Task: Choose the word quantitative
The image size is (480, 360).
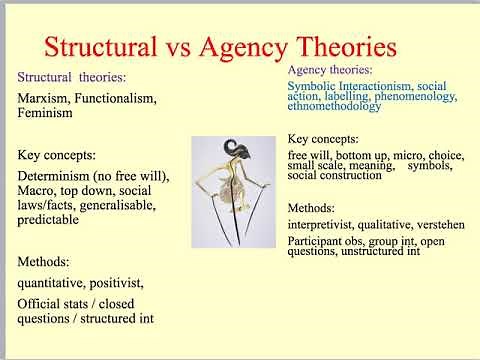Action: click(x=55, y=282)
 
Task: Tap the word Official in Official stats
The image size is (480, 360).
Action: click(x=41, y=304)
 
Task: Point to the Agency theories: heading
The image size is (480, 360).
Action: click(x=330, y=72)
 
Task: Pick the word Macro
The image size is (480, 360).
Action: click(x=39, y=194)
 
